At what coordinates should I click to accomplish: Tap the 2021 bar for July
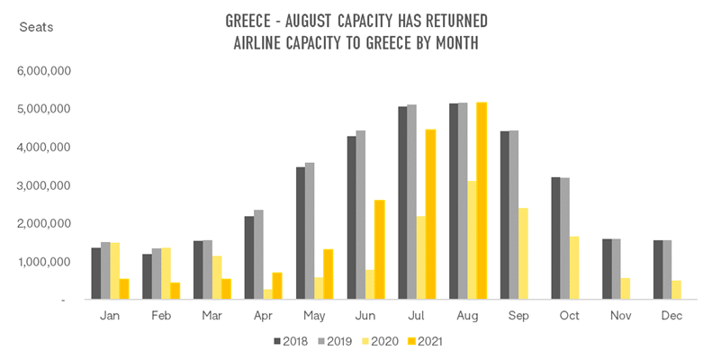click(430, 214)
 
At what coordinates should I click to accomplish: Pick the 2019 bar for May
click(310, 230)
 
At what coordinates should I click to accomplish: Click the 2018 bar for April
click(249, 257)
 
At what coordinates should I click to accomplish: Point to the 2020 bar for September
click(523, 253)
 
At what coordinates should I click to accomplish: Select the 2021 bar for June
click(379, 249)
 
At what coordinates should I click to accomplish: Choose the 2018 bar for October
click(555, 238)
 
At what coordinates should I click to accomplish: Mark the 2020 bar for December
click(677, 290)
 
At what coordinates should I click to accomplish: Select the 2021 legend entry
click(425, 342)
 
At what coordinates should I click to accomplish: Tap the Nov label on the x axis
click(620, 316)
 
